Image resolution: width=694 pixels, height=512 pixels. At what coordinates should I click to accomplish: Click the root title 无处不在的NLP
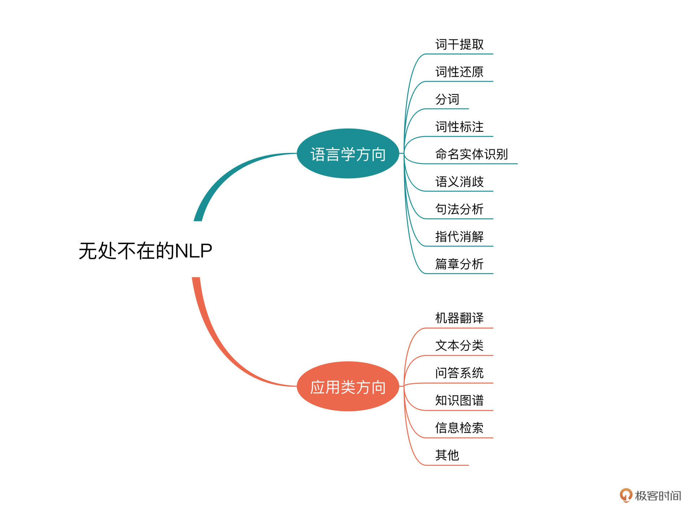click(145, 251)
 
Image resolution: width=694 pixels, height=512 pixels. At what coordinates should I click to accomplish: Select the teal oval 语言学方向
click(348, 154)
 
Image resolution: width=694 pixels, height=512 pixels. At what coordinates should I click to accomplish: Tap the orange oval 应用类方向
click(348, 387)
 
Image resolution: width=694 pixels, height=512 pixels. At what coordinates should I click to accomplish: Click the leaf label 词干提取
click(459, 44)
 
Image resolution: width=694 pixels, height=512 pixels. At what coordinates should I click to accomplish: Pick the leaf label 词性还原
click(459, 72)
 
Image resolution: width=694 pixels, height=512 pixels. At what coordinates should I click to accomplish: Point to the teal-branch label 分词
click(447, 99)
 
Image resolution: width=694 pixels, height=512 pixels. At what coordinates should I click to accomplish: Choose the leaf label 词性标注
click(459, 127)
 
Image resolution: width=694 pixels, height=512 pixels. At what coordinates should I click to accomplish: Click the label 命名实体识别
click(471, 154)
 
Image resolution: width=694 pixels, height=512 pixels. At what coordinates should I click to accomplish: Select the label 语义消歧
click(459, 182)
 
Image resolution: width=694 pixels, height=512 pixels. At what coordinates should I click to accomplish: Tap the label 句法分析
click(459, 209)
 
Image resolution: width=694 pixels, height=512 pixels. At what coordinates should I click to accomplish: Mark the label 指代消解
click(459, 236)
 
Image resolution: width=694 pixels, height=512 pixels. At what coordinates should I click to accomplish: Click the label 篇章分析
click(459, 264)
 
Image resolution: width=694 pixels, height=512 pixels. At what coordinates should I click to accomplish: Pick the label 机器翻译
click(459, 318)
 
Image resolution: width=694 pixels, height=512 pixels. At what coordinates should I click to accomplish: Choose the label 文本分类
click(459, 346)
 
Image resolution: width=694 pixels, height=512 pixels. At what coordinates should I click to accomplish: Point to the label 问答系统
click(459, 373)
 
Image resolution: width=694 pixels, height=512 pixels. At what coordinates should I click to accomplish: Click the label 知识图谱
click(459, 400)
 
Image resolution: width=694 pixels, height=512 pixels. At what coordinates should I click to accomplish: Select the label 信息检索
click(459, 428)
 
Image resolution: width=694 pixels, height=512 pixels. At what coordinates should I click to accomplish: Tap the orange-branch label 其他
click(447, 455)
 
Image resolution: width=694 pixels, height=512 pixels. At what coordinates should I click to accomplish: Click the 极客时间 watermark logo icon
click(626, 495)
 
